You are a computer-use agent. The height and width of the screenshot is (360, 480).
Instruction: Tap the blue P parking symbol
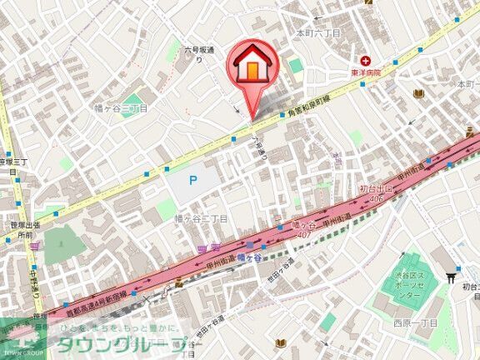[192, 179]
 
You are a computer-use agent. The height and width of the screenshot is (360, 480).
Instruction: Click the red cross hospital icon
[366, 61]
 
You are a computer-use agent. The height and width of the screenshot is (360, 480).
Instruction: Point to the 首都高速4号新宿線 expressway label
[97, 302]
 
